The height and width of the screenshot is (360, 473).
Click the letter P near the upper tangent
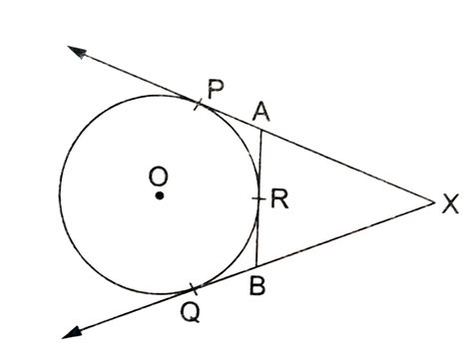(215, 89)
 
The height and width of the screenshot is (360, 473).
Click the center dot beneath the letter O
(159, 196)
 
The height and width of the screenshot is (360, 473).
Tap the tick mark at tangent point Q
(194, 290)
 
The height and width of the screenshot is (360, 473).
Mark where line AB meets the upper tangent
(261, 130)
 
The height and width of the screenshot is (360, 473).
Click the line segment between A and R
(260, 165)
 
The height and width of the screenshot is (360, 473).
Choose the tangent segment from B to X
(344, 235)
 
